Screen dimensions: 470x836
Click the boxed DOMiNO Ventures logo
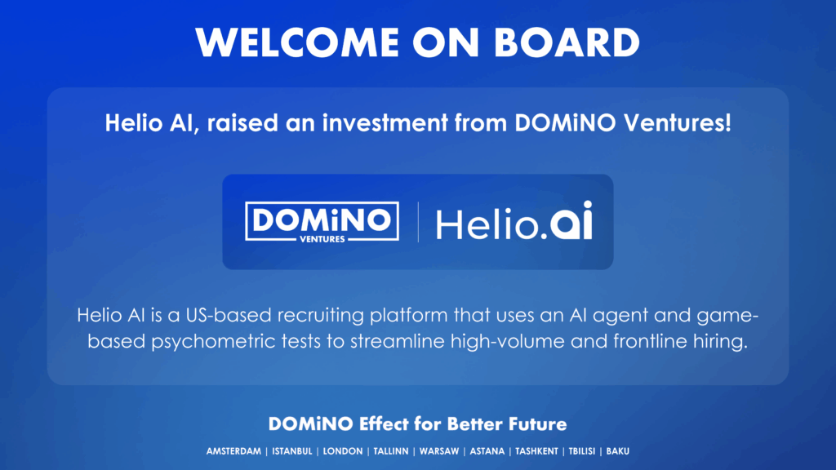coord(322,222)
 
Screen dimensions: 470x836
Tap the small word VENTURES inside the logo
coord(322,239)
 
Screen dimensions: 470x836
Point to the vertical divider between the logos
coord(418,222)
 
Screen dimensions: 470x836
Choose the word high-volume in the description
coord(505,342)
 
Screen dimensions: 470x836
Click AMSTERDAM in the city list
coord(234,451)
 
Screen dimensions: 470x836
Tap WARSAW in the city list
coord(438,451)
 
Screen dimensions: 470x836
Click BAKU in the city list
coord(617,451)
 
